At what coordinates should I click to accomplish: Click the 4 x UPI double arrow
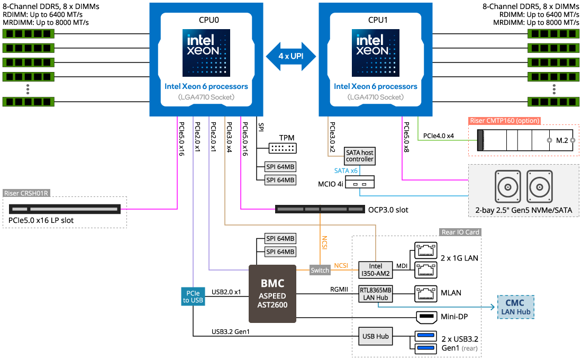click(291, 56)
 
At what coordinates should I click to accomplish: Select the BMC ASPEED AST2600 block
click(272, 293)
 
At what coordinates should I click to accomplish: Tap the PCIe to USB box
click(193, 296)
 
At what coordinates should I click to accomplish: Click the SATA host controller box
click(359, 156)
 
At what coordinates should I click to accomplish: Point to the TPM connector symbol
click(283, 148)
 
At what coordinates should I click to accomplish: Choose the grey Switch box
click(320, 270)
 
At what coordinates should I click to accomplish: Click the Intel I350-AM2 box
click(375, 270)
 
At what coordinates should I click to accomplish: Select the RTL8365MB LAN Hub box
click(375, 293)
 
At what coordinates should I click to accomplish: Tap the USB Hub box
click(375, 336)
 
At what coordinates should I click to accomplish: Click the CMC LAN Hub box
click(515, 307)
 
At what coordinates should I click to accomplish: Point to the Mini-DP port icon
click(426, 317)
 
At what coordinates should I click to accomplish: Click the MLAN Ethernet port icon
click(426, 293)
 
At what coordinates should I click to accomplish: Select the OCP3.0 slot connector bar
click(320, 209)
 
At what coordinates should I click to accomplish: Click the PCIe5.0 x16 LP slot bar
click(65, 209)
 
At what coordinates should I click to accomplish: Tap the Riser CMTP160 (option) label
click(504, 121)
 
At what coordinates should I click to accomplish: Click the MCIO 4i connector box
click(360, 182)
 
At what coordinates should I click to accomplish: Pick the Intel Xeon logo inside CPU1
click(375, 53)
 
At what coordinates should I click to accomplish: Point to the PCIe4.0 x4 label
click(439, 136)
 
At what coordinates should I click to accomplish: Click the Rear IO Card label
click(460, 232)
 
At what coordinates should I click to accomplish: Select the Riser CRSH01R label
click(26, 193)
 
